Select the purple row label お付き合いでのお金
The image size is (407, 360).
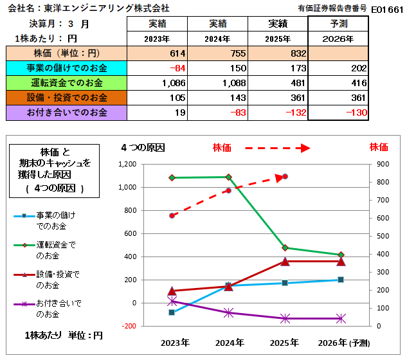(67, 113)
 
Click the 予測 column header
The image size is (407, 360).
(338, 24)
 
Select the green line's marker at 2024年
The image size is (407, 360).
(228, 177)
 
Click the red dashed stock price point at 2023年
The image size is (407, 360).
(172, 215)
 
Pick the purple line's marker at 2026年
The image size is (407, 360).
(341, 318)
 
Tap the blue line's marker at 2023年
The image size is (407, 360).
(172, 312)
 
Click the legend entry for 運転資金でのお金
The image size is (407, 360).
(55, 249)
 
